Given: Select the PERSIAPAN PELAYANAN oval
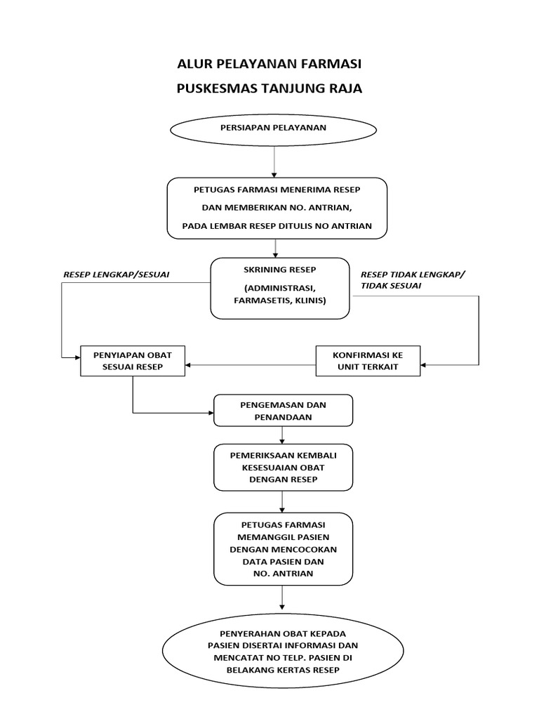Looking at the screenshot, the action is (274, 130).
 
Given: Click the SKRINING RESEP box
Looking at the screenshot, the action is (280, 289).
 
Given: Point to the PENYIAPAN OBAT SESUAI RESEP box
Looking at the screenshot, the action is (133, 361).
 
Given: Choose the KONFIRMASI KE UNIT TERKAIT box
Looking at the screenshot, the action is (368, 361).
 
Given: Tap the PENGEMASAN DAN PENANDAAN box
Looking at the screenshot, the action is (284, 411).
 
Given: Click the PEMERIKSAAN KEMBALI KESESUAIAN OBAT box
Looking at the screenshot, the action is (284, 467).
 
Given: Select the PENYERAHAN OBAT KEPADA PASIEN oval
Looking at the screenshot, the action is (283, 652).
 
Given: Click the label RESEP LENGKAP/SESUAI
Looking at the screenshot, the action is (117, 275).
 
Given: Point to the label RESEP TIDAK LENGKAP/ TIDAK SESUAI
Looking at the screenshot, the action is (413, 280).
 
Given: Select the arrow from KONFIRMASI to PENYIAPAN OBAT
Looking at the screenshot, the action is (251, 365).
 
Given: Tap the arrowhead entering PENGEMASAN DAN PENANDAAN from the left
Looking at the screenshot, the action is (211, 413).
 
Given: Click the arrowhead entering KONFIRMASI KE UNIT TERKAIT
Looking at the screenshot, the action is (423, 365).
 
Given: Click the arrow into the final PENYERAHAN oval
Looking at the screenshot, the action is (282, 598).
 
